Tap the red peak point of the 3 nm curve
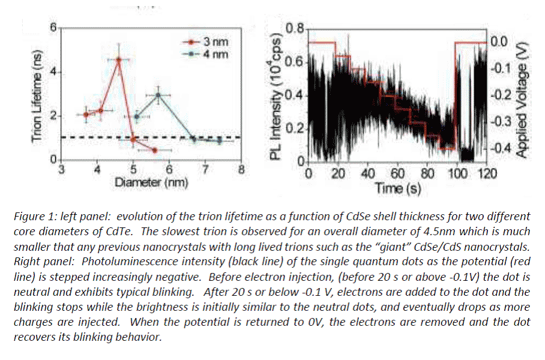pos(119,59)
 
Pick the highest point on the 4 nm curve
pos(158,95)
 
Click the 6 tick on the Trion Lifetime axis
pos(53,28)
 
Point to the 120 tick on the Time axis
pos(487,174)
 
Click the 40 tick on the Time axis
pos(368,174)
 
